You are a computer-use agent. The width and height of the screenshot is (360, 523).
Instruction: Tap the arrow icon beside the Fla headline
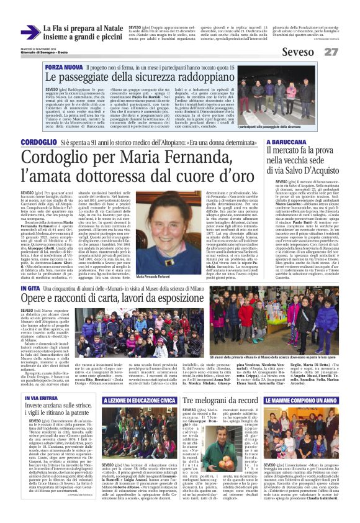tap(29, 32)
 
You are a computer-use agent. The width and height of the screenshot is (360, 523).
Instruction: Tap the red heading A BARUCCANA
tap(286, 143)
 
